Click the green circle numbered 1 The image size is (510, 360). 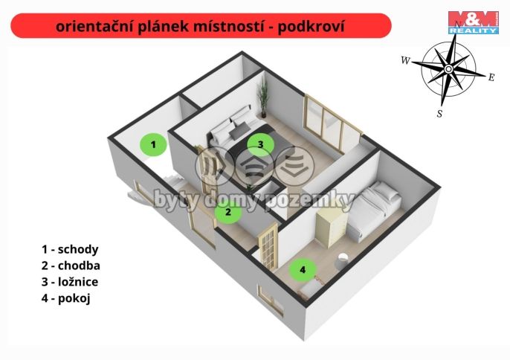[x=153, y=144]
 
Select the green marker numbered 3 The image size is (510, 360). [x=260, y=144]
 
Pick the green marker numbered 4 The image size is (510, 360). [x=303, y=269]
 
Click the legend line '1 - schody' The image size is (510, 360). [x=70, y=249]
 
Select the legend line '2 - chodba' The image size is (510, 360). [x=71, y=266]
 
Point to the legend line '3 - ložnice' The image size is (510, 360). [x=70, y=282]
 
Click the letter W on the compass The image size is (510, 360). [x=405, y=60]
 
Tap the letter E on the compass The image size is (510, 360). [x=491, y=77]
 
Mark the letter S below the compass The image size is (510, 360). [x=439, y=114]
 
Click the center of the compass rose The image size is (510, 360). [x=448, y=69]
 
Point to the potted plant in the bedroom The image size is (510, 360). [x=261, y=100]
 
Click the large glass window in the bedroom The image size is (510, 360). [x=332, y=127]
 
